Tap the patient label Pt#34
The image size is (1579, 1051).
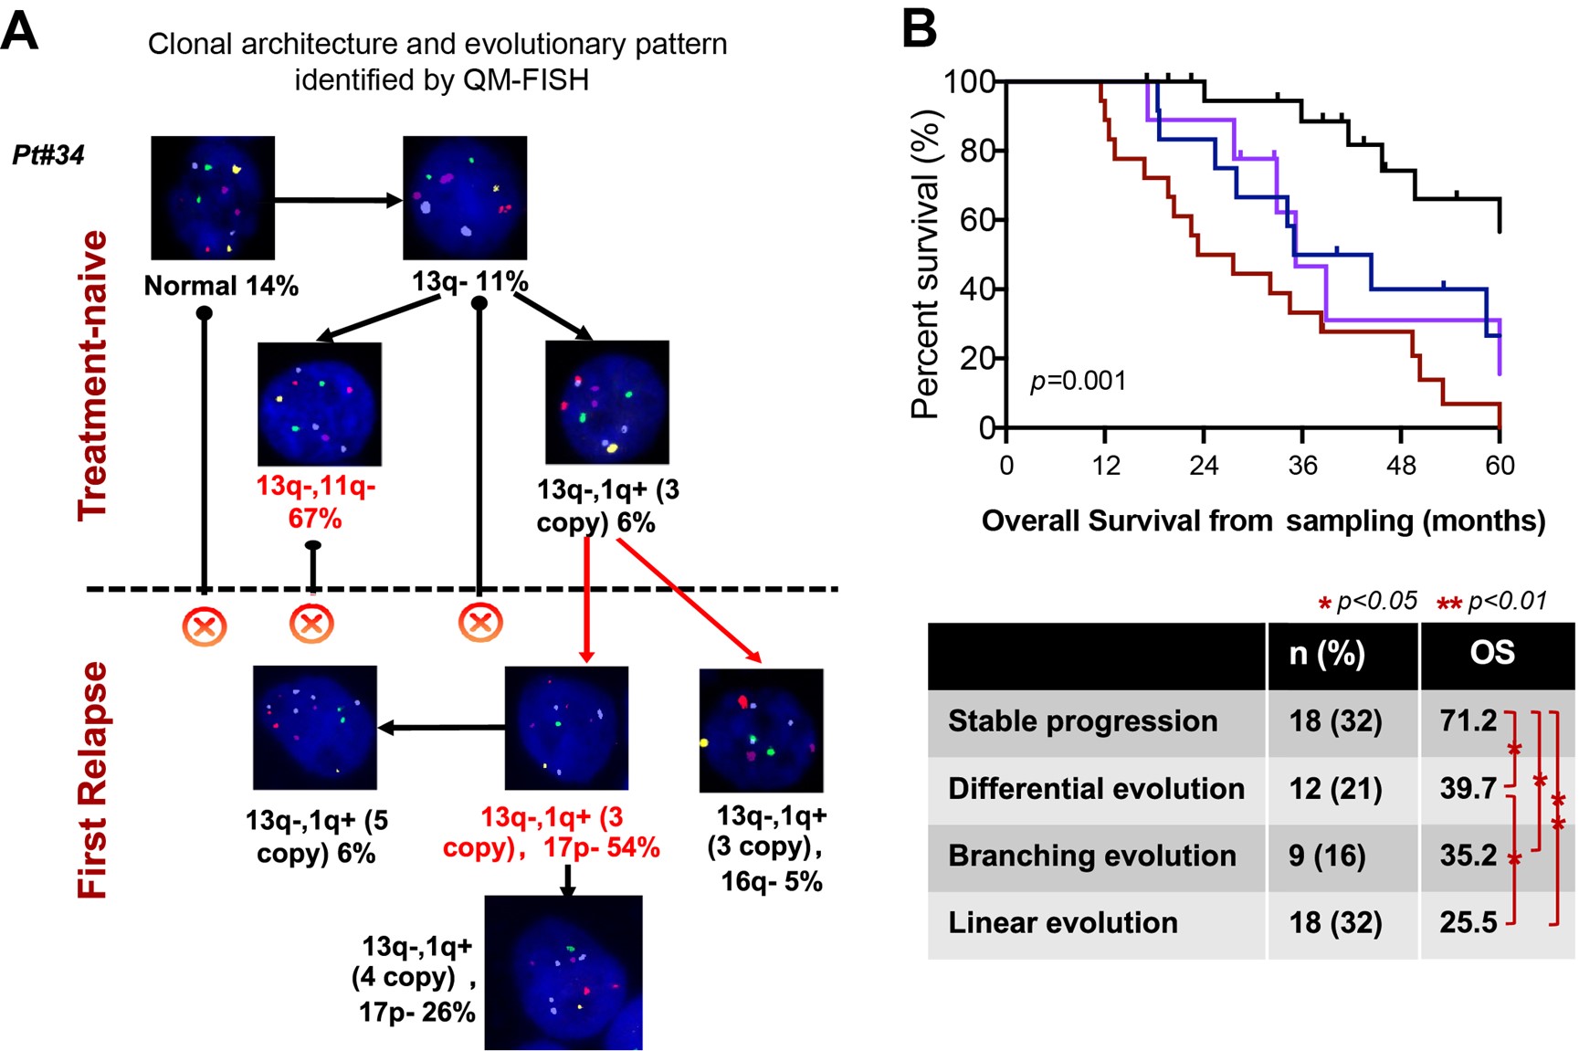pyautogui.click(x=48, y=155)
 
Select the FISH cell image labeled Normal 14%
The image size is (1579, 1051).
pyautogui.click(x=213, y=197)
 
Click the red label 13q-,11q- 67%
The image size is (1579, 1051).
pyautogui.click(x=315, y=502)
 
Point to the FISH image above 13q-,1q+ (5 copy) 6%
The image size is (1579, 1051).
pyautogui.click(x=315, y=727)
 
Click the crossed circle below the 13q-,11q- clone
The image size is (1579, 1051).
pyautogui.click(x=311, y=625)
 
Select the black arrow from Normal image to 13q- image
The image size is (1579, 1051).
pyautogui.click(x=338, y=200)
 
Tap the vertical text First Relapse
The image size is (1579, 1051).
pyautogui.click(x=93, y=780)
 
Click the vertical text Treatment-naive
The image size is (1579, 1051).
pyautogui.click(x=93, y=374)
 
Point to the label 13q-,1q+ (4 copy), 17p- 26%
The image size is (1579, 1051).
pyautogui.click(x=416, y=978)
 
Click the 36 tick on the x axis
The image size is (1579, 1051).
pyautogui.click(x=1302, y=466)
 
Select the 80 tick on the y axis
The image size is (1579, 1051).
pyautogui.click(x=976, y=151)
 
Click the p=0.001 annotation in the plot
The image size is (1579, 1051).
pyautogui.click(x=1078, y=381)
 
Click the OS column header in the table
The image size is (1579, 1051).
pyautogui.click(x=1492, y=653)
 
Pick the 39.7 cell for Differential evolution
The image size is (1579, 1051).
pyautogui.click(x=1468, y=788)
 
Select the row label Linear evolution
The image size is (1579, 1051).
pyautogui.click(x=1062, y=922)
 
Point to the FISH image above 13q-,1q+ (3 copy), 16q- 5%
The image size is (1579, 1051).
pyautogui.click(x=761, y=730)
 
